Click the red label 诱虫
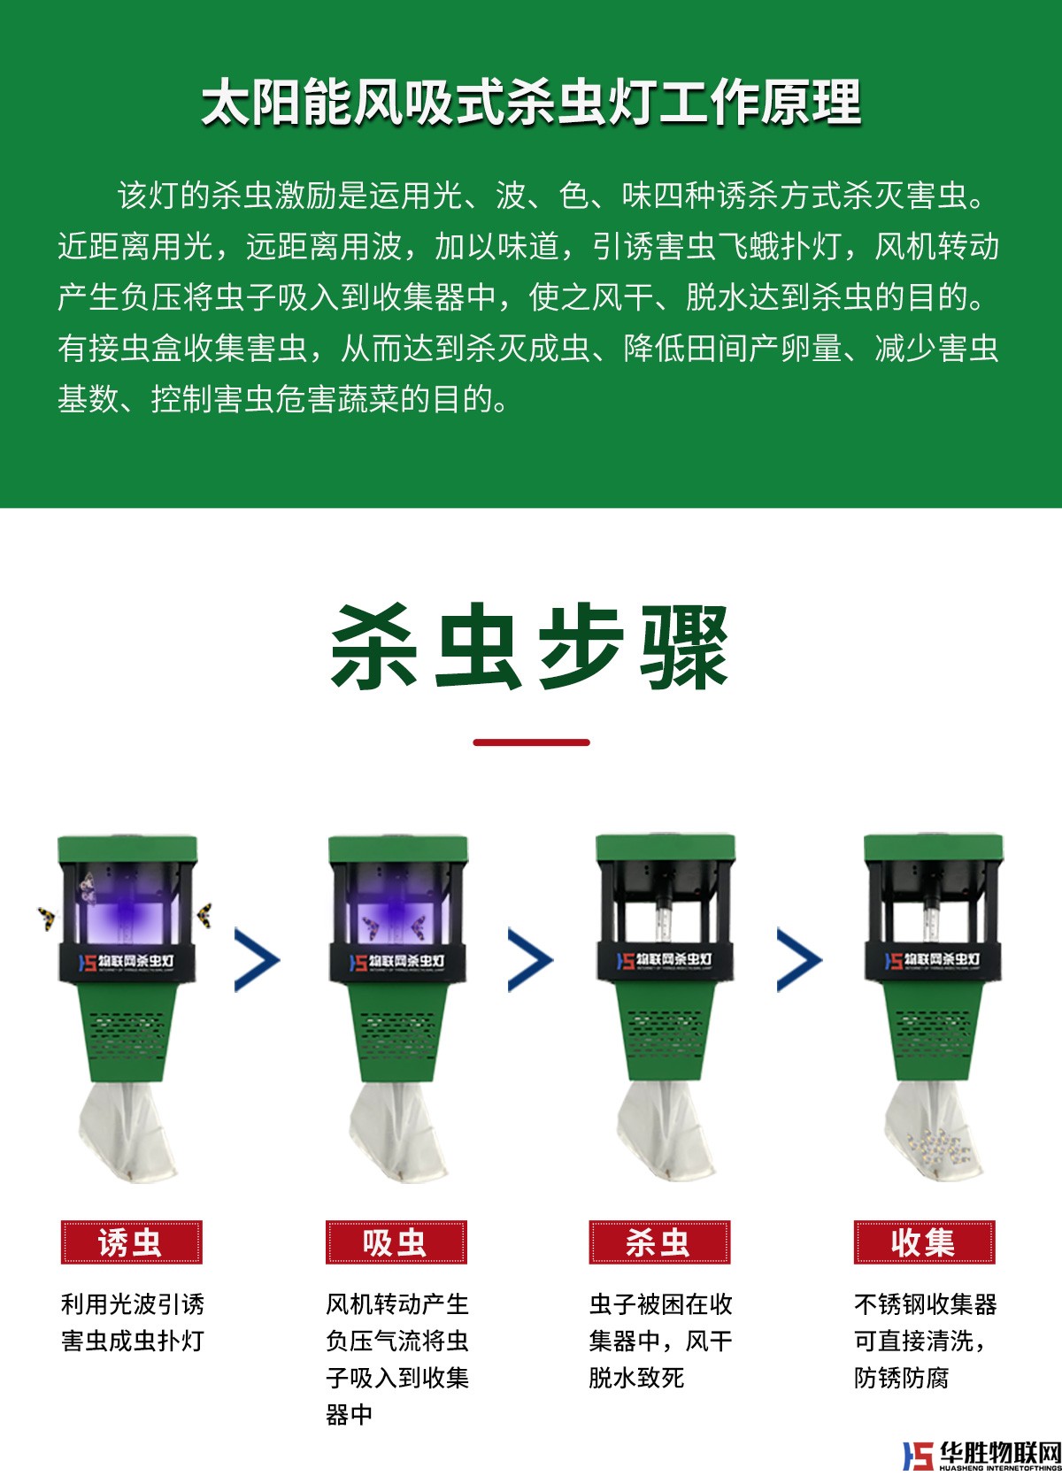point(131,1242)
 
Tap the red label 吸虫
point(396,1242)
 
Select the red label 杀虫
point(659,1242)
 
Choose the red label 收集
point(924,1242)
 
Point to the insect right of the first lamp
point(205,915)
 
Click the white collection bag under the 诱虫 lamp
point(127,1132)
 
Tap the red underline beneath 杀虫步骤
point(531,742)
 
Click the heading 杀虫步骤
point(530,646)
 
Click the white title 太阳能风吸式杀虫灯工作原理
point(531,102)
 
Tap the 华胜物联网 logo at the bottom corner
point(981,1456)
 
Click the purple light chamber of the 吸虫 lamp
point(396,906)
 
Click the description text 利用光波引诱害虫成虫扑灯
point(133,1322)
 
